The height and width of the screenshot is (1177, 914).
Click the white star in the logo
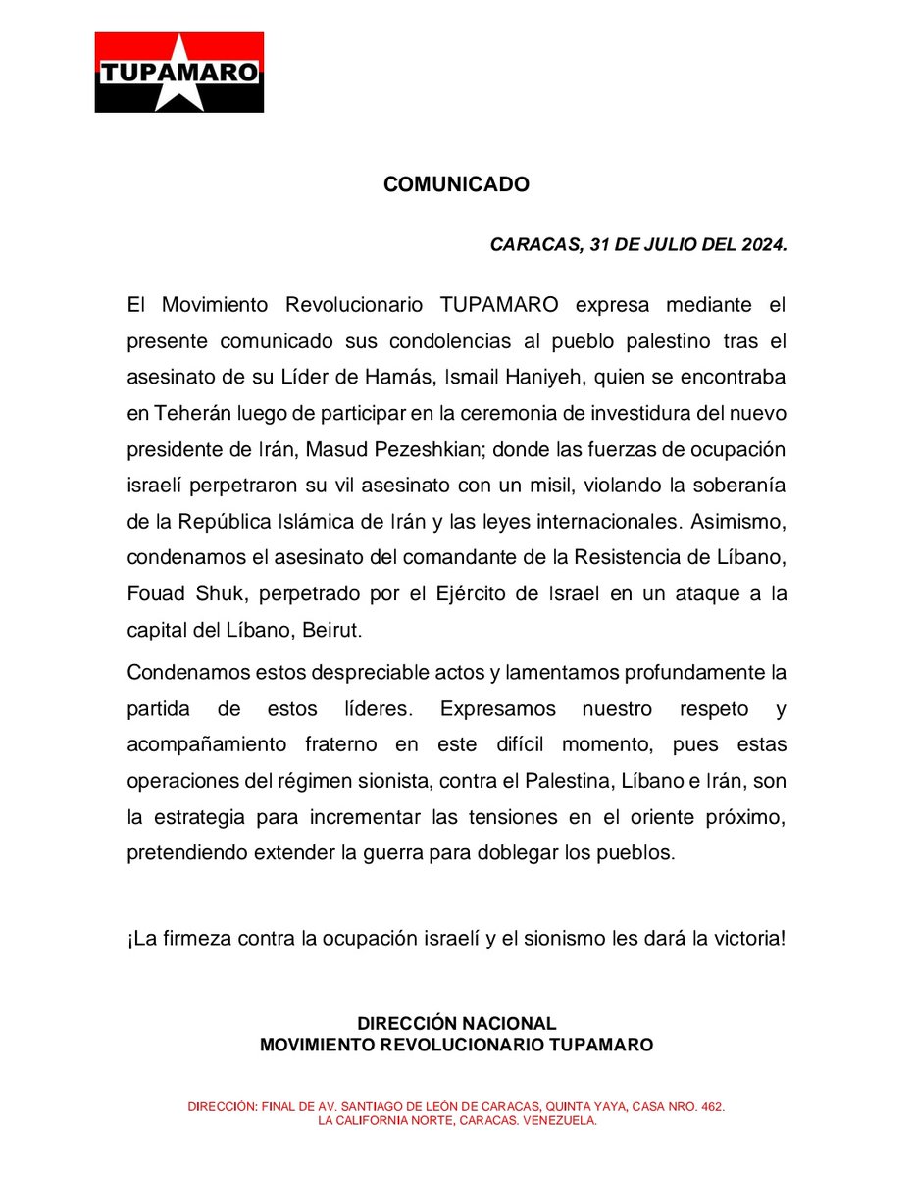tap(179, 71)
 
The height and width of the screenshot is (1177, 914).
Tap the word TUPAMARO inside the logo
tap(179, 73)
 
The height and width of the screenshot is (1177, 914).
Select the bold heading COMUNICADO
tap(456, 184)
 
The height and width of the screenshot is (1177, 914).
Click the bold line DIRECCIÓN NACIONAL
tap(456, 1024)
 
